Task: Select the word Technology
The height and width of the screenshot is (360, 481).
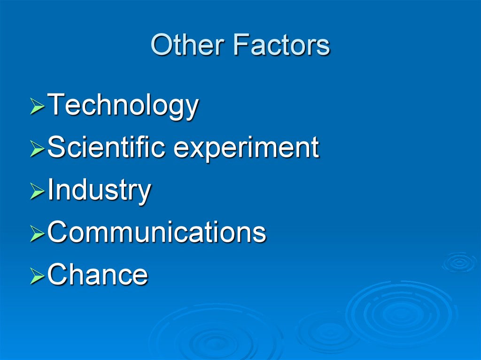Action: coord(123,106)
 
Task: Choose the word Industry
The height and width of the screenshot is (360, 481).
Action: coord(99,191)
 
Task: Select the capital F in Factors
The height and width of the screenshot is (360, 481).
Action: coord(240,46)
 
